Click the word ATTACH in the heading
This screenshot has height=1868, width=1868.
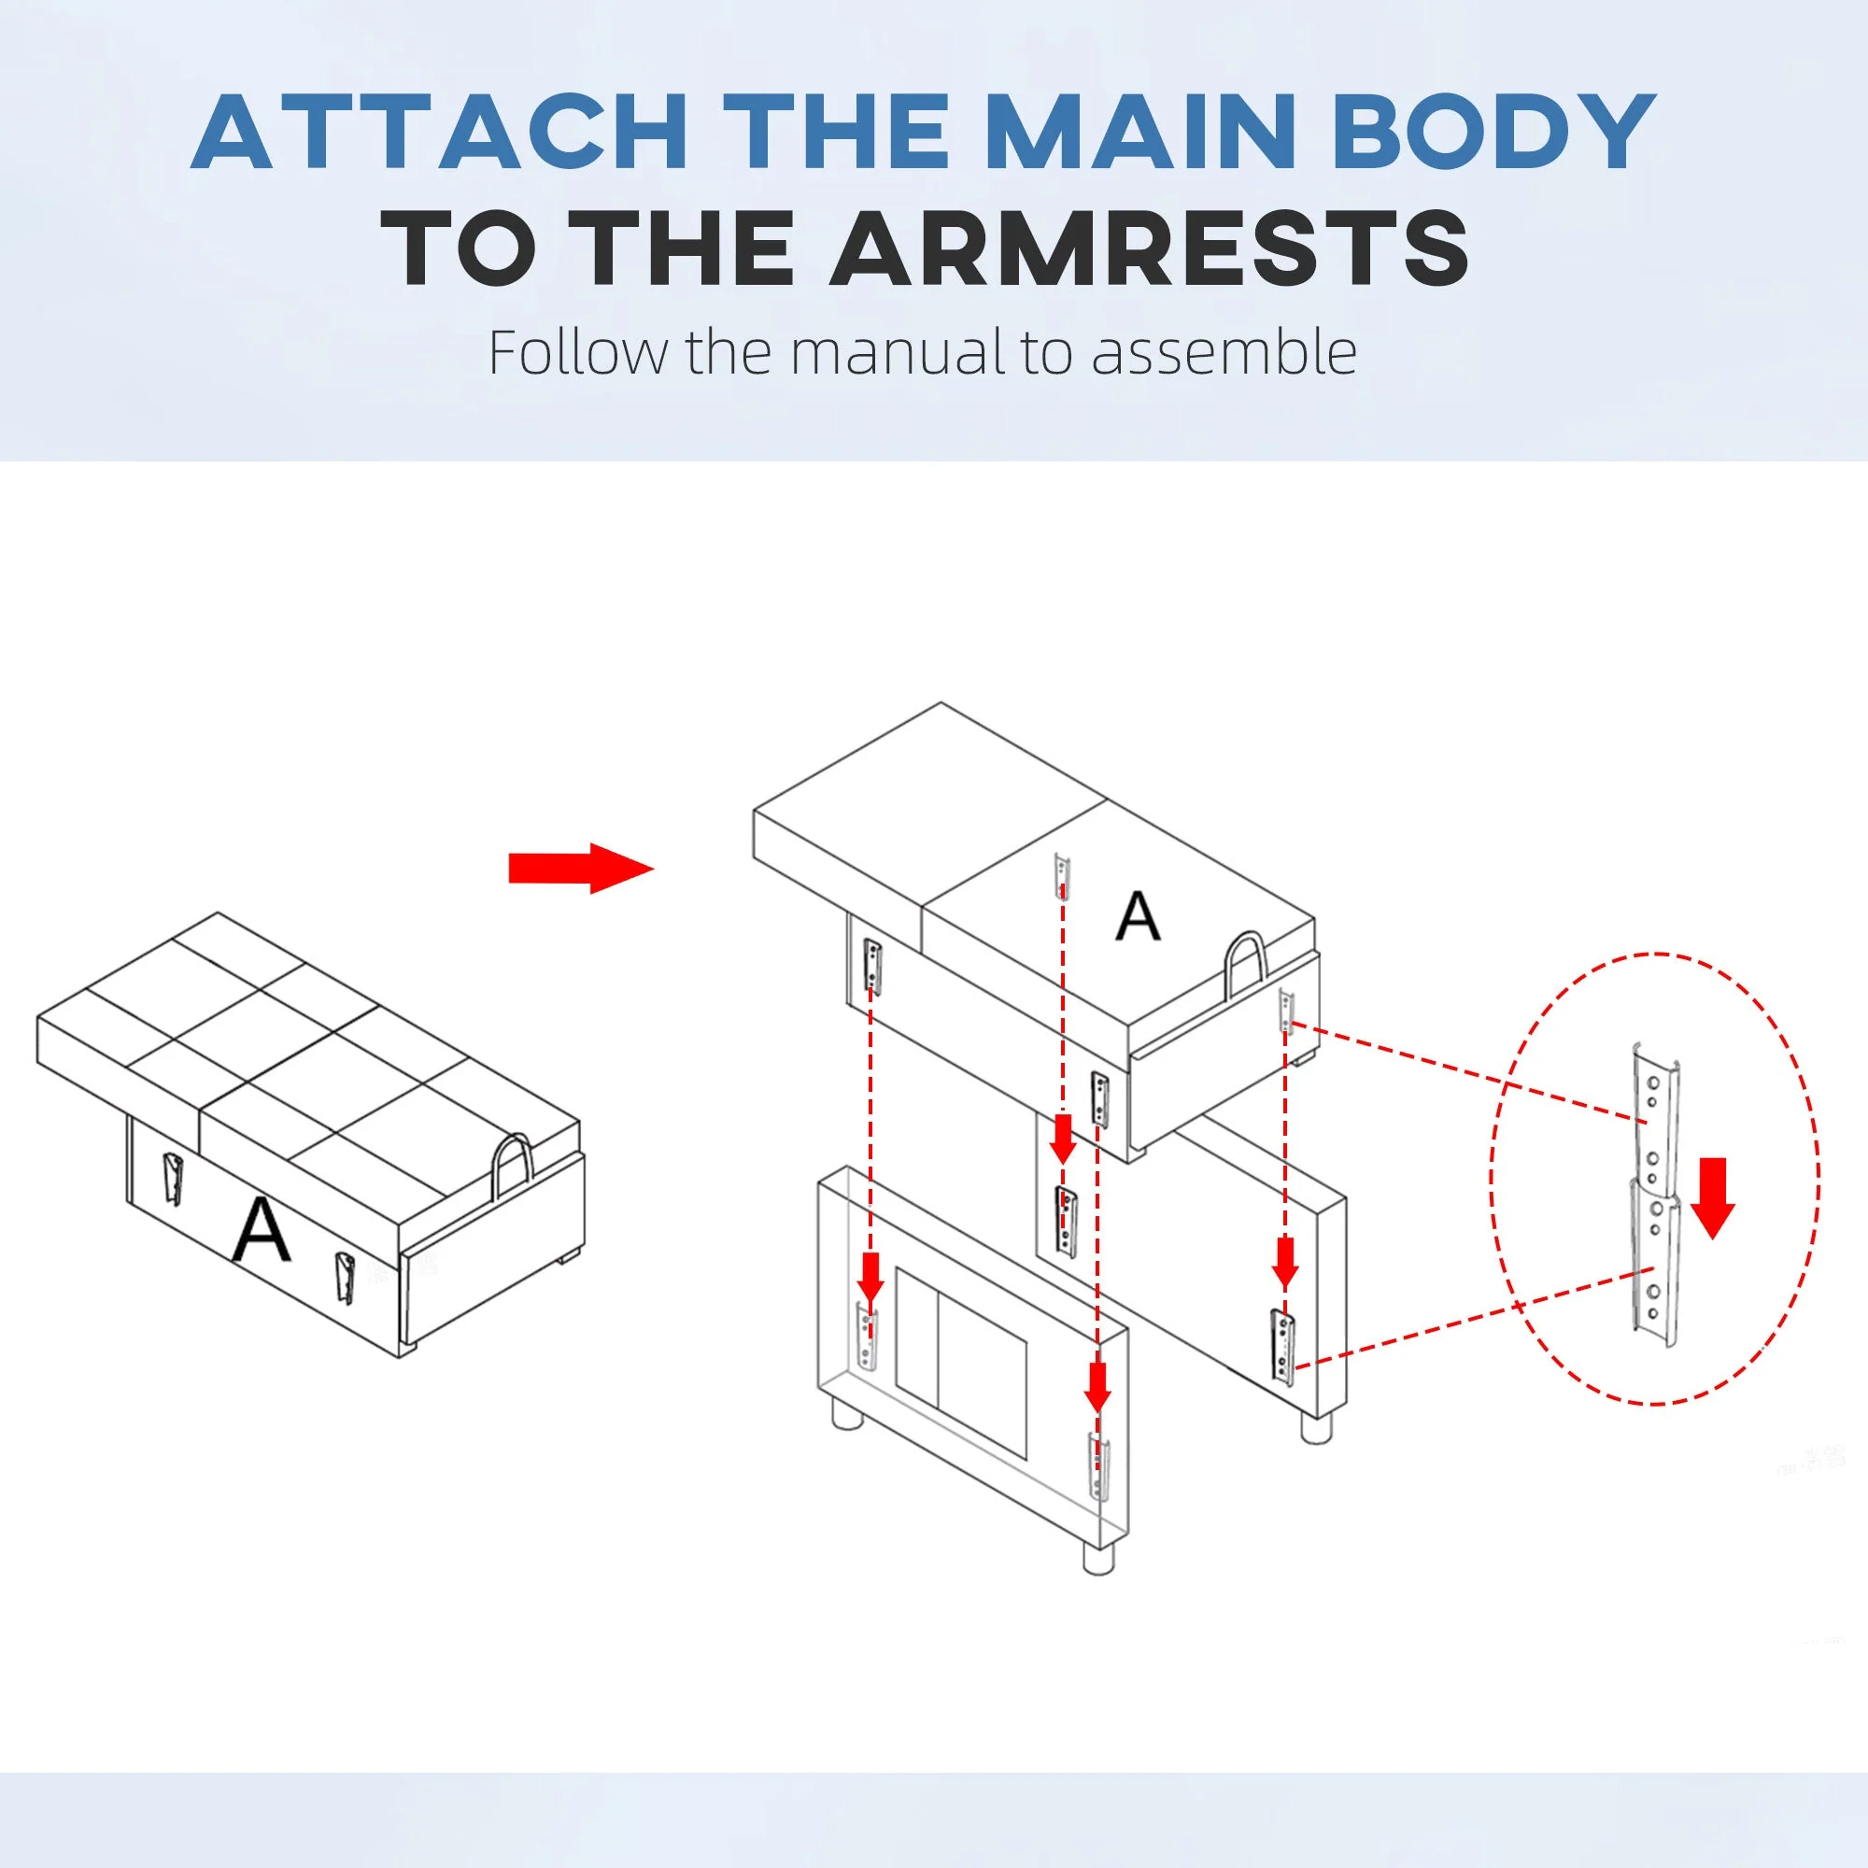point(440,133)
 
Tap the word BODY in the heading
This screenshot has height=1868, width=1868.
point(1493,133)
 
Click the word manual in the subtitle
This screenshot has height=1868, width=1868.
point(900,353)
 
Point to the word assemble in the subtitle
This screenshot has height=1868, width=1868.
point(1224,353)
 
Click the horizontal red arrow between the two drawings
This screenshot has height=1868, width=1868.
point(581,869)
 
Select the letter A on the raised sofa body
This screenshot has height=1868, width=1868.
point(1137,916)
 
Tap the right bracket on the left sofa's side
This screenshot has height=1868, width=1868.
point(343,1277)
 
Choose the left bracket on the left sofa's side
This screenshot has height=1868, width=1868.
point(172,1181)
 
